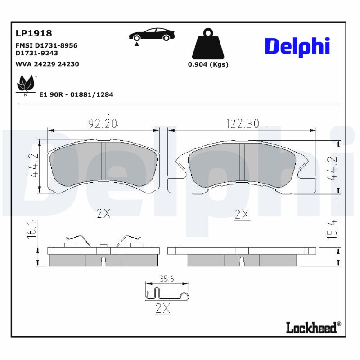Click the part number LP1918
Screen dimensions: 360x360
click(x=34, y=33)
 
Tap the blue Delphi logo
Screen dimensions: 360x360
click(x=297, y=46)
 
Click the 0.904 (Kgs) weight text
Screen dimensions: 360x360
click(x=208, y=64)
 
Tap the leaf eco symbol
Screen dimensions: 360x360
click(x=25, y=84)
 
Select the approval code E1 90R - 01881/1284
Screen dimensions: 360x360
click(x=76, y=95)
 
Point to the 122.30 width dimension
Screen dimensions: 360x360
click(x=242, y=123)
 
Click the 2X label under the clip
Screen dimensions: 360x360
click(x=162, y=309)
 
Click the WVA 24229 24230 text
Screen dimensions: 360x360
click(x=47, y=64)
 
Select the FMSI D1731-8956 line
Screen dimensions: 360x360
click(x=46, y=45)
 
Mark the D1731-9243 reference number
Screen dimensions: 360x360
click(x=37, y=53)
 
